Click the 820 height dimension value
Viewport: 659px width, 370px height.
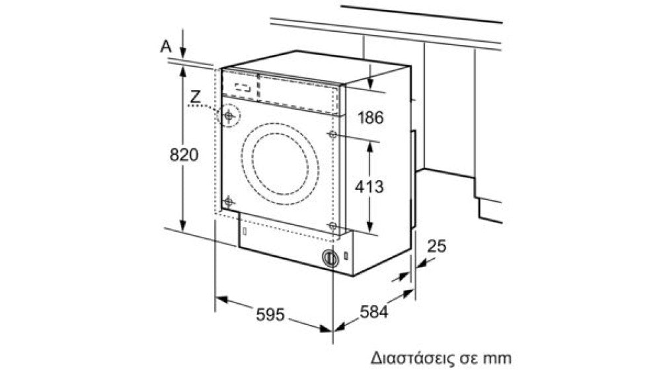pos(184,155)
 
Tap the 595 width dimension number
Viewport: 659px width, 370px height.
pos(270,314)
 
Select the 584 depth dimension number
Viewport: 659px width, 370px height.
pos(374,312)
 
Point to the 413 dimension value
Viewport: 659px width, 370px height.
pos(369,187)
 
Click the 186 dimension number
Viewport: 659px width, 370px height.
pos(371,117)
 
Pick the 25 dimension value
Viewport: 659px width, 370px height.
pos(436,246)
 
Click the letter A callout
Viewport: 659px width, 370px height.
pos(167,46)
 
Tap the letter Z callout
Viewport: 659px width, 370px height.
pos(195,97)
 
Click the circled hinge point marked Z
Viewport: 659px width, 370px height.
pos(229,115)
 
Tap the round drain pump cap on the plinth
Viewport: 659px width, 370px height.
pos(330,258)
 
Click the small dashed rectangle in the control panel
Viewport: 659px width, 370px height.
pos(243,87)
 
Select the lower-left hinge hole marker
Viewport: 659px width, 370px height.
pos(228,202)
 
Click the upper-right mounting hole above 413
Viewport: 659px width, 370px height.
pos(332,134)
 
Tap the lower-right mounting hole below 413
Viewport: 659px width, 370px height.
pos(332,226)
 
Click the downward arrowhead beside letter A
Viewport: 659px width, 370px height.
pos(183,52)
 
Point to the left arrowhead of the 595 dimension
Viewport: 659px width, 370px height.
pos(221,300)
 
